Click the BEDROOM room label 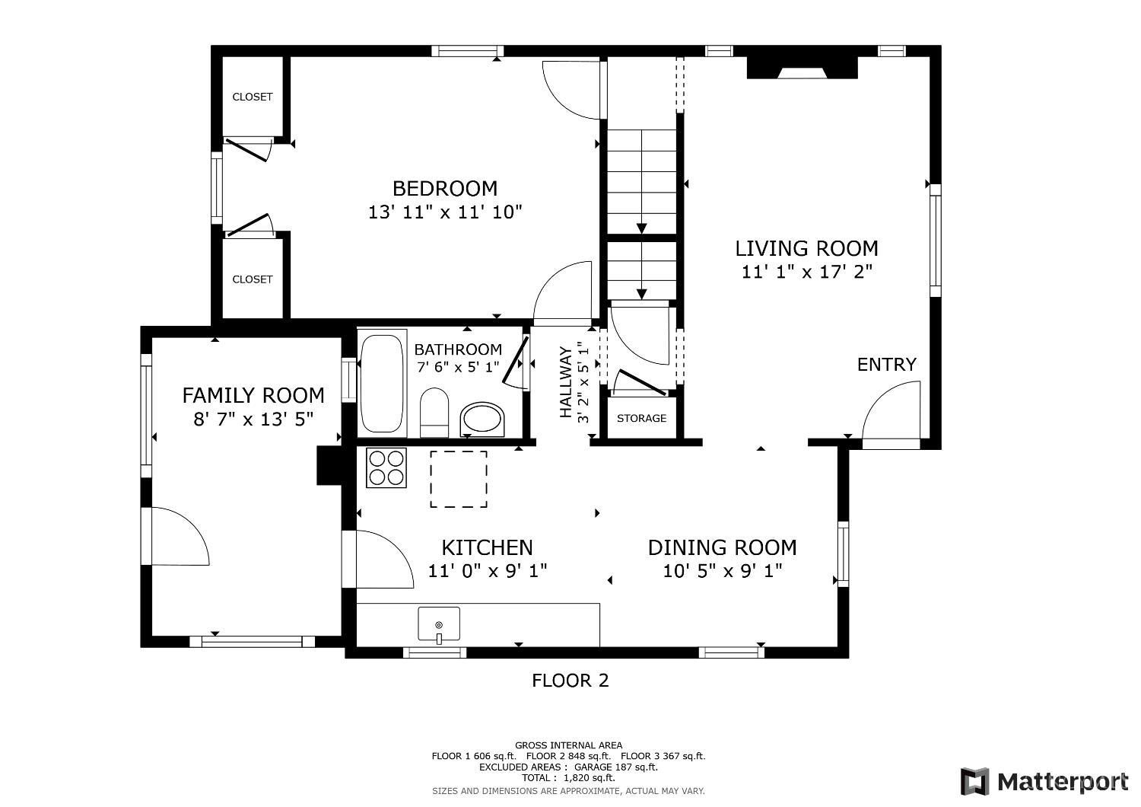[x=445, y=189]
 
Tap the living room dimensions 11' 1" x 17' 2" [x=806, y=272]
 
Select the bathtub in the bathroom [x=382, y=384]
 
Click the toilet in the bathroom [x=434, y=413]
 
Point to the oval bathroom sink [x=482, y=419]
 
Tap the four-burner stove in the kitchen [x=386, y=468]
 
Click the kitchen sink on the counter [x=439, y=624]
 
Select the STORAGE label [x=641, y=419]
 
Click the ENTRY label [x=887, y=365]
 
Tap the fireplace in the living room [x=803, y=68]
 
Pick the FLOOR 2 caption [x=570, y=681]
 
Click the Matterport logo [x=1044, y=782]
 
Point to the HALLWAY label [x=565, y=382]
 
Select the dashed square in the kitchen [x=459, y=479]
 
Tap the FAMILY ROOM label [x=253, y=396]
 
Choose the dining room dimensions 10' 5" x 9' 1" [x=723, y=570]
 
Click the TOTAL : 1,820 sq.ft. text [x=568, y=778]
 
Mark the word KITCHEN [x=487, y=548]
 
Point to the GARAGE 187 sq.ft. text [x=616, y=767]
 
